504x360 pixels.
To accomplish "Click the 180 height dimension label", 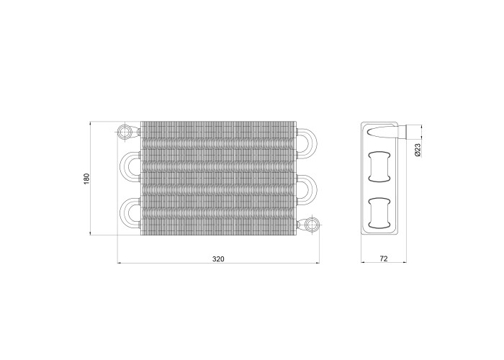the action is point(86,179).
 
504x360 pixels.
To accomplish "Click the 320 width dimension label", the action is point(218,258).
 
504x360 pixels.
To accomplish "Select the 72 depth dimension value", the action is point(384,258).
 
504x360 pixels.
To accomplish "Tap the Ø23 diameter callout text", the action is point(418,150).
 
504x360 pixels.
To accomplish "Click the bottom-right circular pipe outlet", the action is point(312,225).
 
